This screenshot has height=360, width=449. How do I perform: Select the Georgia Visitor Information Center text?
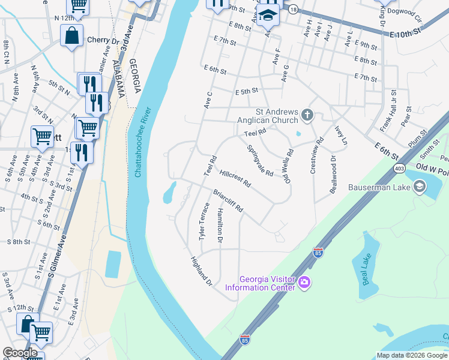click(x=260, y=283)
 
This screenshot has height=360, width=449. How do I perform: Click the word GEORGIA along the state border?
click(x=137, y=78)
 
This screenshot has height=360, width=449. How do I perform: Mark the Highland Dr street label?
click(x=201, y=269)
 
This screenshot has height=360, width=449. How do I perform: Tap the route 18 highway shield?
click(x=293, y=10)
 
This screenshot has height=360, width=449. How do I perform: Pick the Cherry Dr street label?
click(x=103, y=40)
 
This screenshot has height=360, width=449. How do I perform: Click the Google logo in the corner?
click(x=19, y=353)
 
